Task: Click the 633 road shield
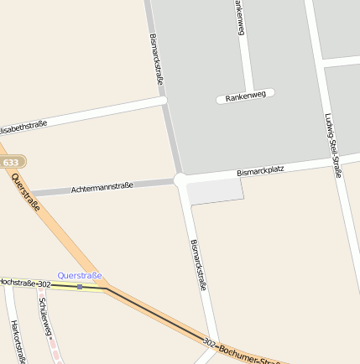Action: pyautogui.click(x=11, y=162)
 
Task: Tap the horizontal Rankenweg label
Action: pyautogui.click(x=245, y=95)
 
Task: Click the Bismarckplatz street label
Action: pyautogui.click(x=260, y=170)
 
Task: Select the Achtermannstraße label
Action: pyautogui.click(x=102, y=187)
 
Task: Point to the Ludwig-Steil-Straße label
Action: pyautogui.click(x=333, y=145)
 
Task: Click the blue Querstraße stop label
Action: pyautogui.click(x=80, y=275)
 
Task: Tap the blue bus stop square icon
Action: pyautogui.click(x=80, y=287)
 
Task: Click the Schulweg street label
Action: pyautogui.click(x=46, y=317)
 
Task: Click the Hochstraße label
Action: pyautogui.click(x=18, y=283)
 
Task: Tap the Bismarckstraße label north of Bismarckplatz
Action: pyautogui.click(x=156, y=59)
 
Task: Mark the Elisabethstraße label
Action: pyautogui.click(x=22, y=126)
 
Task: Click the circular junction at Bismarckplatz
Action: pyautogui.click(x=180, y=179)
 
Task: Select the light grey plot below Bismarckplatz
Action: pyautogui.click(x=215, y=191)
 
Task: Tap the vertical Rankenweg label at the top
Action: pyautogui.click(x=240, y=17)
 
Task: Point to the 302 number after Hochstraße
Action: pyautogui.click(x=44, y=284)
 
